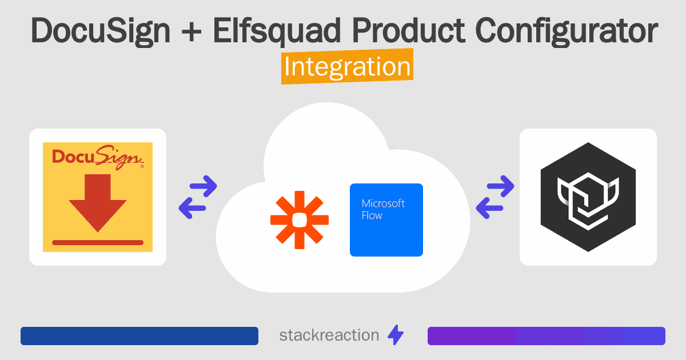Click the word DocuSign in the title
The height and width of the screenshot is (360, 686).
coord(100,31)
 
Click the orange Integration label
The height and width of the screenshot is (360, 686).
coord(347,67)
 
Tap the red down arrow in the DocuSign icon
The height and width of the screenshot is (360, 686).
coord(98,202)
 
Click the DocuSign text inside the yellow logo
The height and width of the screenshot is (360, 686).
coord(97,156)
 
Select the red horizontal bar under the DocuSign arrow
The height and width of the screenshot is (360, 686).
coord(98,242)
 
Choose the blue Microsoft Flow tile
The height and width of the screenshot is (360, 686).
coord(386,220)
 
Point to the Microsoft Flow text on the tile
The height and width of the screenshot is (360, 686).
coord(383,209)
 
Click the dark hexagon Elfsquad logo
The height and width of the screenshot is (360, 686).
coord(588,197)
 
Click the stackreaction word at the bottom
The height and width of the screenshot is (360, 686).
coord(329,335)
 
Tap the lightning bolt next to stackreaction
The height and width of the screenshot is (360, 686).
coord(395,335)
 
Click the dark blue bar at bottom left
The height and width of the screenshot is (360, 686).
coord(139,336)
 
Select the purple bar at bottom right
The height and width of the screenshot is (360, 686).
coord(546,336)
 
